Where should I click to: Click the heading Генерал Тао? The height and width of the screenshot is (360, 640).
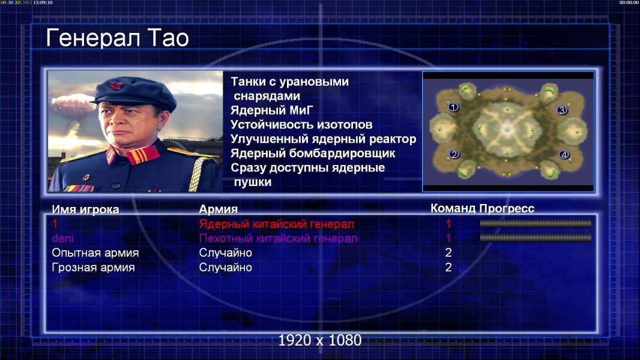point(118,38)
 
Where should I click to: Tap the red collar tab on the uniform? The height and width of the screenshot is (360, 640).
point(142,155)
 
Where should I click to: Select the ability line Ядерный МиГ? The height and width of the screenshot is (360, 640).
point(272,110)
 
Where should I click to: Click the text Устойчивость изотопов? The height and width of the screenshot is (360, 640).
point(301,125)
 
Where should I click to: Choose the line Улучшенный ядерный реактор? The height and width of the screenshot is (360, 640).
point(323,139)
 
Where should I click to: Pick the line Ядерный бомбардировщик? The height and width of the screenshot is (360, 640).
point(313,154)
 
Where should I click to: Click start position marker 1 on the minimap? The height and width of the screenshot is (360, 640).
point(453,107)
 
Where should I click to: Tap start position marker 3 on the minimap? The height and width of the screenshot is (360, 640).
point(561,110)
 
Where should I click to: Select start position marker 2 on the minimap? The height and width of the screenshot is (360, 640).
point(453,155)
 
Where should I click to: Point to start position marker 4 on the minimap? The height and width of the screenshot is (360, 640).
point(564,155)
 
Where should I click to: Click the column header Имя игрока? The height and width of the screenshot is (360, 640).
point(85,209)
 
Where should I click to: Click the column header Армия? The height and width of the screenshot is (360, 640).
point(219,209)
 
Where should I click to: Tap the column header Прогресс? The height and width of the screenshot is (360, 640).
point(507,209)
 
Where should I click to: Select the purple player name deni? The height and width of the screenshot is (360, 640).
point(63,239)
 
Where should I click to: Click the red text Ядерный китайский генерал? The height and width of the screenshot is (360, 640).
point(276,224)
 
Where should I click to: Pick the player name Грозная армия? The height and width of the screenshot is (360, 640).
point(93,268)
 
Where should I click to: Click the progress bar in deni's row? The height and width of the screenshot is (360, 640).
point(536,238)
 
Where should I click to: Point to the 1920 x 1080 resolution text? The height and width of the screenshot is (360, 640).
point(320,340)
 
